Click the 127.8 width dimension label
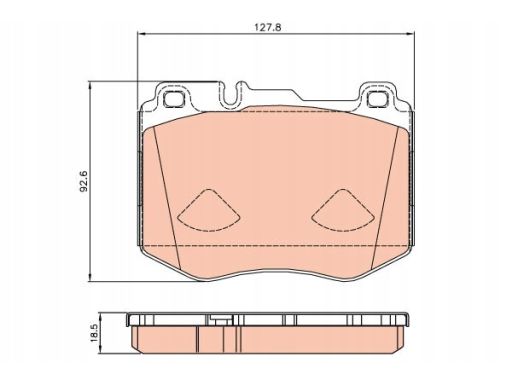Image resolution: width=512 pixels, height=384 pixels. [x=268, y=27]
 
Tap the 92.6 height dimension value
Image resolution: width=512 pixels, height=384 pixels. [x=84, y=181]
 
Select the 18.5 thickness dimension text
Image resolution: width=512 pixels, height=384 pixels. [x=95, y=333]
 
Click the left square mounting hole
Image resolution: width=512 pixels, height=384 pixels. [x=174, y=99]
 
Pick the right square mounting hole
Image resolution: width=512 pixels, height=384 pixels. [x=378, y=99]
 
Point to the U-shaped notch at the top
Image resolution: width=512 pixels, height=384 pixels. [x=229, y=95]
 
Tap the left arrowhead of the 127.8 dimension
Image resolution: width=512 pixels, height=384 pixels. [x=142, y=33]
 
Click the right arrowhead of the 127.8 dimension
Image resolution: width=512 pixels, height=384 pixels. [x=410, y=33]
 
